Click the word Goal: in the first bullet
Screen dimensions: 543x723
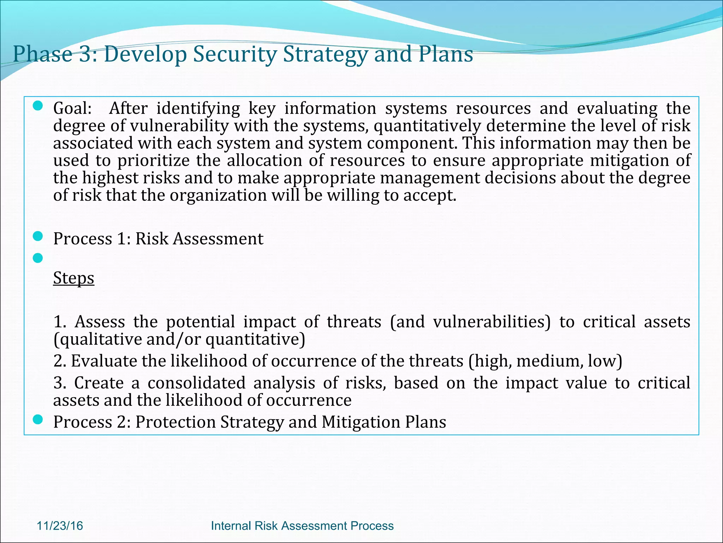click(x=72, y=108)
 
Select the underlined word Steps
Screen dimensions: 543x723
click(x=73, y=278)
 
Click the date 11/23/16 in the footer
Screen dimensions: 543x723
click(x=60, y=526)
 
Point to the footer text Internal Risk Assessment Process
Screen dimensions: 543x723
click(x=302, y=526)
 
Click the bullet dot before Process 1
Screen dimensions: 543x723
click(x=38, y=236)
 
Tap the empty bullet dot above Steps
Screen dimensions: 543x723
click(x=38, y=258)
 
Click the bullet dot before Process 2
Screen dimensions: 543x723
click(x=38, y=420)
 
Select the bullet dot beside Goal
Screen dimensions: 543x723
click(x=38, y=106)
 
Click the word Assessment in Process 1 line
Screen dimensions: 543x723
click(x=218, y=239)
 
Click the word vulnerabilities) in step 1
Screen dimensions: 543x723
click(x=492, y=322)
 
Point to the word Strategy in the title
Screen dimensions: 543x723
click(x=325, y=54)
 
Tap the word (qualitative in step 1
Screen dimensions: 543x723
click(x=97, y=339)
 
